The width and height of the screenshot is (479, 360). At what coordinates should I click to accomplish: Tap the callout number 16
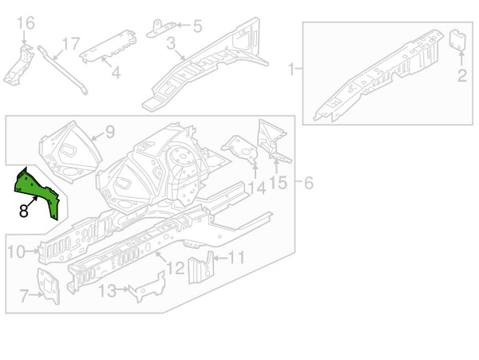tap(25, 23)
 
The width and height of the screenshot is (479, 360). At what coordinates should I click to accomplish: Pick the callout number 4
tap(116, 73)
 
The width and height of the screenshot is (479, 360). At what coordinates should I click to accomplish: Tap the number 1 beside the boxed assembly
tap(291, 69)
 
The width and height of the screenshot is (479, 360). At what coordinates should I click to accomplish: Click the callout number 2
tap(461, 76)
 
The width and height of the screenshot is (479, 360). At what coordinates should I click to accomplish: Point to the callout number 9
tap(110, 132)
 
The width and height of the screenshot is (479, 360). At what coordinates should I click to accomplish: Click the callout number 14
tap(256, 188)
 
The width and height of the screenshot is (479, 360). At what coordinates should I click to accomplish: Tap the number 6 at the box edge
tap(309, 184)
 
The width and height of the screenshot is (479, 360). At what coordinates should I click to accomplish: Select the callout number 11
tap(236, 257)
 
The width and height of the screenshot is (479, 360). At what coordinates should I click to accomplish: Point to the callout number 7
tap(23, 297)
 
